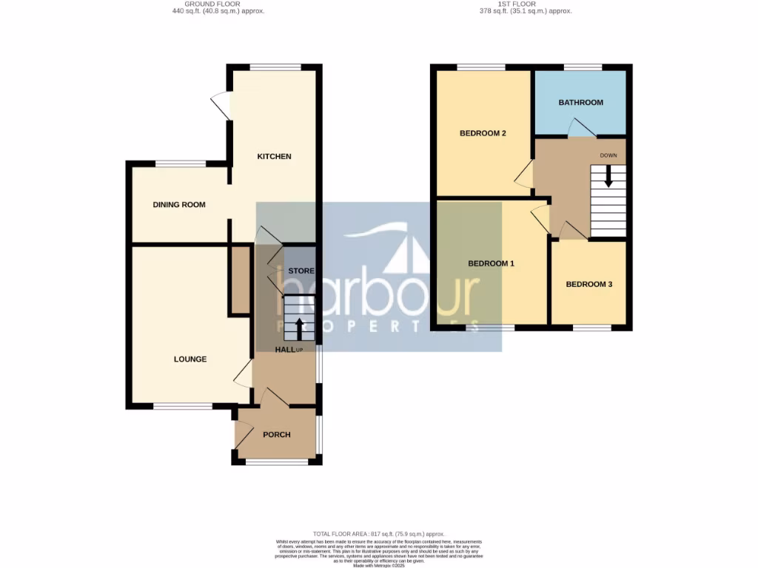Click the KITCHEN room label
tap(274, 157)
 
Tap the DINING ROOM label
tap(179, 205)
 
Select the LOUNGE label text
tap(190, 359)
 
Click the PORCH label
tap(277, 435)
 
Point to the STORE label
tap(301, 271)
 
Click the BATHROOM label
tap(580, 103)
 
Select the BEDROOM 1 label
tap(491, 264)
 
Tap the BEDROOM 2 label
tap(483, 134)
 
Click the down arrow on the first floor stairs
tap(608, 176)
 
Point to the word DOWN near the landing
tap(608, 156)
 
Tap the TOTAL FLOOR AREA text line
tap(378, 533)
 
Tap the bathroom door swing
tap(582, 129)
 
